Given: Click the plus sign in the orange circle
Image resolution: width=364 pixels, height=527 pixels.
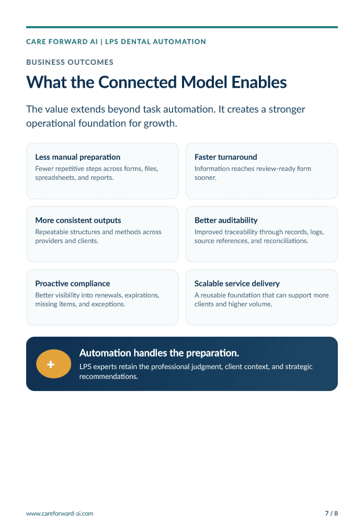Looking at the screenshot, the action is pyautogui.click(x=51, y=364).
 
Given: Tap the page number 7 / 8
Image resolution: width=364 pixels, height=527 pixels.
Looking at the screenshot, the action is pyautogui.click(x=331, y=513).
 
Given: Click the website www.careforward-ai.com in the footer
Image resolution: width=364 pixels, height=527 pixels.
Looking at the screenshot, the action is pyautogui.click(x=60, y=513).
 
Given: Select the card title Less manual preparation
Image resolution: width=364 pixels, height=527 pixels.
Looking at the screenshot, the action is pyautogui.click(x=77, y=157).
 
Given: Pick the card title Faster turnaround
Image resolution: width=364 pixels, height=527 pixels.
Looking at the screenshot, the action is pyautogui.click(x=225, y=157).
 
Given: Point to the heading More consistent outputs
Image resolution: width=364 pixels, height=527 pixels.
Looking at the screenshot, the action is pyautogui.click(x=78, y=220).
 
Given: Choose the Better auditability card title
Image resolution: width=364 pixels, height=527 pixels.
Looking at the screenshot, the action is pyautogui.click(x=226, y=220).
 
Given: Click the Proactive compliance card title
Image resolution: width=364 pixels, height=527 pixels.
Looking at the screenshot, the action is pyautogui.click(x=73, y=283).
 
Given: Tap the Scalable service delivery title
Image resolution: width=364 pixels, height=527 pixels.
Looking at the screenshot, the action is pyautogui.click(x=237, y=283).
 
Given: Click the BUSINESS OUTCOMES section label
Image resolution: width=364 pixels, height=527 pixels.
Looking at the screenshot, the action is pyautogui.click(x=70, y=62).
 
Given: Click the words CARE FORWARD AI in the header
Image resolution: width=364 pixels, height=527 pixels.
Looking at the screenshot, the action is pyautogui.click(x=62, y=42).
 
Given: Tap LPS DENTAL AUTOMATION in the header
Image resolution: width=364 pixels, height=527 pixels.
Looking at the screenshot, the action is pyautogui.click(x=156, y=42).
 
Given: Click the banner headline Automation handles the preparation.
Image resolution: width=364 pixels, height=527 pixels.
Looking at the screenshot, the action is pyautogui.click(x=160, y=353).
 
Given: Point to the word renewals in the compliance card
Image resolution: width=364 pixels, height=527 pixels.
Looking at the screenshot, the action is pyautogui.click(x=109, y=295).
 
